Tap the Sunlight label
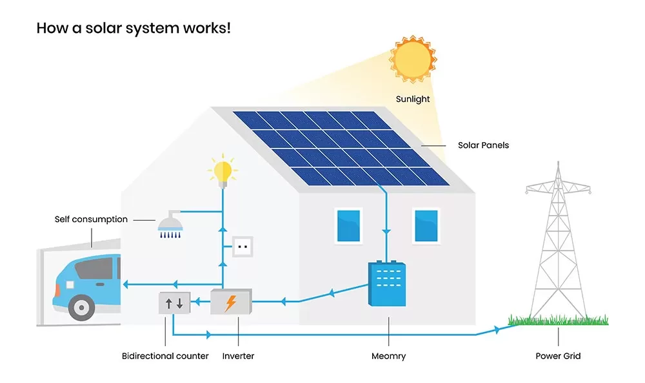(413, 99)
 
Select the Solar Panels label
(483, 145)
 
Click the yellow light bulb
(223, 172)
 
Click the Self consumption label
(91, 220)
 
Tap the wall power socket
(243, 247)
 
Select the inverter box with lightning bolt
(231, 302)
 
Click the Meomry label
(389, 356)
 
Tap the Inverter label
(238, 356)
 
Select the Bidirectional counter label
(165, 356)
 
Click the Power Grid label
(558, 356)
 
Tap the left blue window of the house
(348, 225)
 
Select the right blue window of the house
(426, 225)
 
